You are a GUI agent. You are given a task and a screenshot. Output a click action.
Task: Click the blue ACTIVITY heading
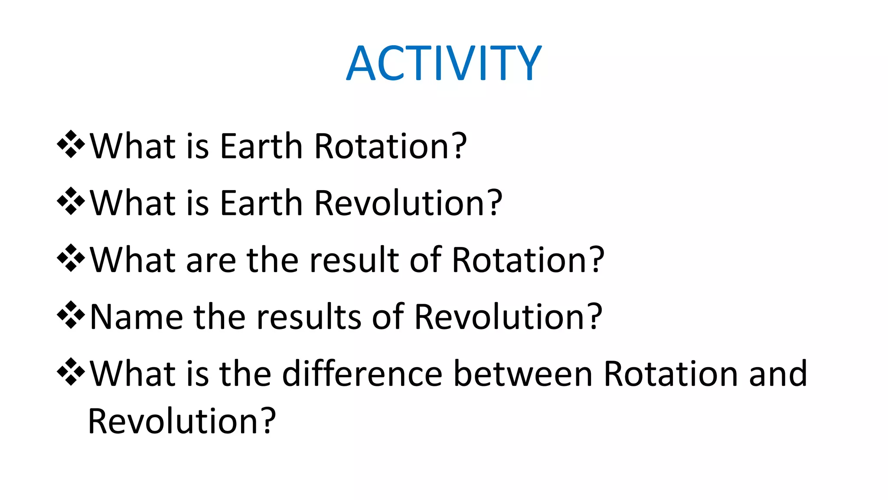coord(444,63)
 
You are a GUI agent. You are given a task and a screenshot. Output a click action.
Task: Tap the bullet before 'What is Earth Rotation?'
coord(71,144)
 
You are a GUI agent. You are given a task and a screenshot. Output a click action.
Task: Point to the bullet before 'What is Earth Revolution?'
coord(71,201)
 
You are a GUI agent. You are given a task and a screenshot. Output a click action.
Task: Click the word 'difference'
coord(362,374)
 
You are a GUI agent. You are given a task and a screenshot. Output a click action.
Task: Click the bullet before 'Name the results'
coord(71,315)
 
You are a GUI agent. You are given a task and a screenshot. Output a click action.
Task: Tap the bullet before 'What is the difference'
coord(71,372)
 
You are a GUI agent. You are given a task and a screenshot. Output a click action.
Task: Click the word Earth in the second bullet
coord(261,203)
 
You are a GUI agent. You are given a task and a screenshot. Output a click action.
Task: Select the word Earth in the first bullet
coord(261,146)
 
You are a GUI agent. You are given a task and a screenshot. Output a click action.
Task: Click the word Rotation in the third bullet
coord(520,260)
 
